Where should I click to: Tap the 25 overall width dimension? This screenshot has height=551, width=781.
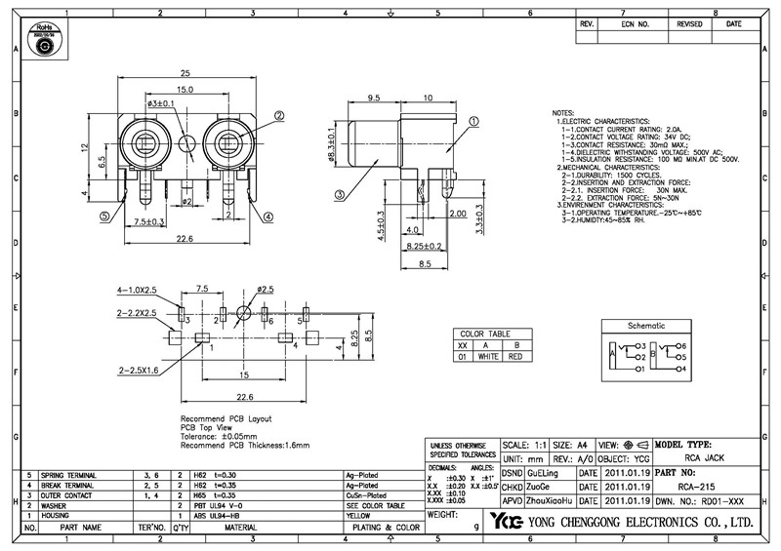pyautogui.click(x=185, y=73)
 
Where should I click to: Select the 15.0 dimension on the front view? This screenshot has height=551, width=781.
pyautogui.click(x=185, y=89)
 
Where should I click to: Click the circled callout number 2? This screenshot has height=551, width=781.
pyautogui.click(x=279, y=115)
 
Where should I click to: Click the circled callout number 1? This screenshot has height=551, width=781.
pyautogui.click(x=473, y=122)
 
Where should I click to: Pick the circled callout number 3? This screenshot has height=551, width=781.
pyautogui.click(x=338, y=196)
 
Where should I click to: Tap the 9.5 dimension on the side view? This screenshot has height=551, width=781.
pyautogui.click(x=373, y=98)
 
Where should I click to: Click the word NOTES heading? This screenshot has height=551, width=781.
pyautogui.click(x=563, y=113)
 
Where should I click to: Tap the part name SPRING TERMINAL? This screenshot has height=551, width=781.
pyautogui.click(x=67, y=474)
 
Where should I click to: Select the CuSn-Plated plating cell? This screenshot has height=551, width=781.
pyautogui.click(x=366, y=495)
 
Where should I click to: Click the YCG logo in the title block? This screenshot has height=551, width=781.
pyautogui.click(x=507, y=521)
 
